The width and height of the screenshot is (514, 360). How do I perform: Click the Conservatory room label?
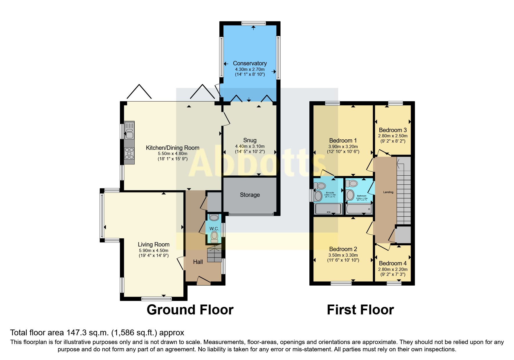point(250,63)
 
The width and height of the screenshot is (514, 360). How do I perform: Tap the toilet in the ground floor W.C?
point(214,236)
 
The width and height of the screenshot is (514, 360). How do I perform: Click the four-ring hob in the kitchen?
point(129,154)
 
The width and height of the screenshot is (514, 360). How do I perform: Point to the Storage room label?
point(250,195)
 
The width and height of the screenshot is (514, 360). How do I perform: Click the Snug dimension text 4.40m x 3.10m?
point(250,146)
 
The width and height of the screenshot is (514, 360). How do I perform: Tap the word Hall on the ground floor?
point(198,262)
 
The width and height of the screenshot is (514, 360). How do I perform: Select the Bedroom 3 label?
point(393,130)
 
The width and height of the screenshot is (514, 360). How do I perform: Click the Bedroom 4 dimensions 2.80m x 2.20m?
point(393,269)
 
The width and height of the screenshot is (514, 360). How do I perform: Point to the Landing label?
point(388,192)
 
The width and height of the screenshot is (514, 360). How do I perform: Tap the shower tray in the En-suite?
point(328,209)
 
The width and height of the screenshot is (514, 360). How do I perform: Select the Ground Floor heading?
point(190,310)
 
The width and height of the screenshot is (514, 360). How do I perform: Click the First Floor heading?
point(360,310)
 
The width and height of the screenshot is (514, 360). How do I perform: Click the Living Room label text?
point(154,244)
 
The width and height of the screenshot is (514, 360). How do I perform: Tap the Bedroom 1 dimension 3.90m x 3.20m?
point(343,147)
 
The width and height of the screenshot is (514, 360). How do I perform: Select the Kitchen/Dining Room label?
point(172,148)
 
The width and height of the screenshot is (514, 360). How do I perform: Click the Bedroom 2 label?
point(343,249)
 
